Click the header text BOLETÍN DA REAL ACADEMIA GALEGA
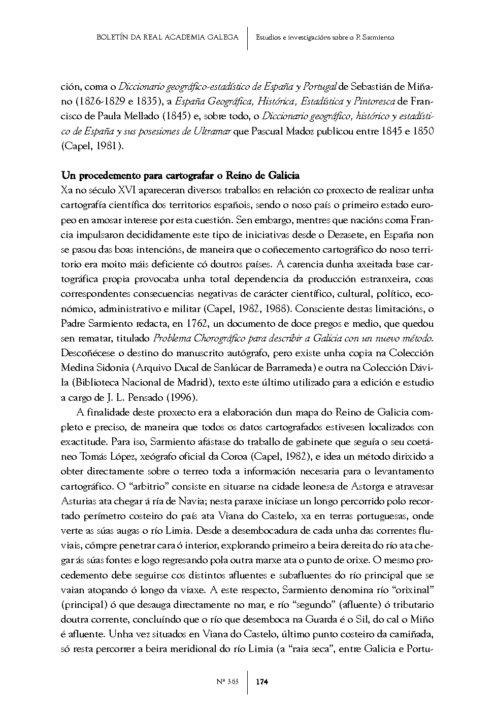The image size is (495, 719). [167, 38]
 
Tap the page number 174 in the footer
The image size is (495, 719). [262, 681]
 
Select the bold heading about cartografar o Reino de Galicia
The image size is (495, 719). [180, 176]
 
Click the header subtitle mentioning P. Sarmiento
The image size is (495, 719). [325, 38]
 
